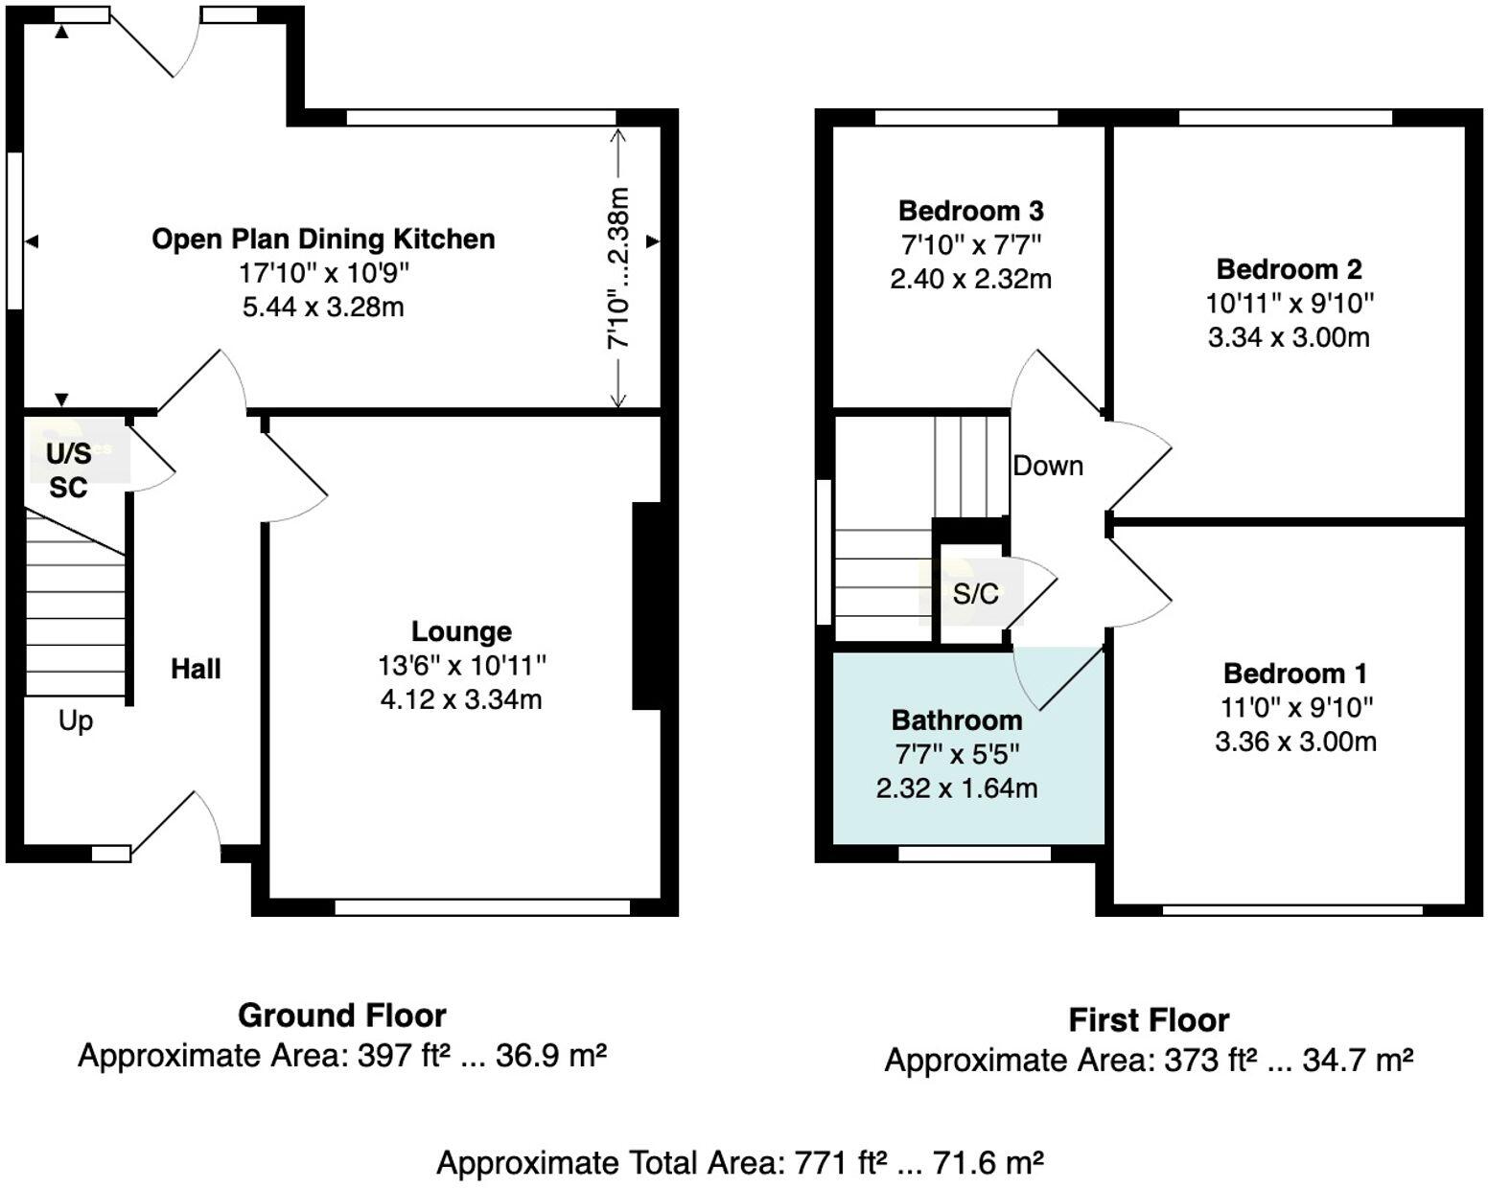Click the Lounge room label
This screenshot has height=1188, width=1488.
pos(461,631)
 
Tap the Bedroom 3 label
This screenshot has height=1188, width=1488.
pos(971,211)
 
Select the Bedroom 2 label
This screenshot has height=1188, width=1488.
pos(1289,269)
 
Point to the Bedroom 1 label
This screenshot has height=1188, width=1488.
pos(1295,674)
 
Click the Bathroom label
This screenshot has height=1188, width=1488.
pos(957,720)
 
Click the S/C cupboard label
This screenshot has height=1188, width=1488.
pos(975,594)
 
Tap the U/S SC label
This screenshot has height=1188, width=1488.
pos(68,470)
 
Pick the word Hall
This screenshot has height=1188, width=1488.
pos(196,669)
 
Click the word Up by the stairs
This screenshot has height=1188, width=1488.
pos(76,721)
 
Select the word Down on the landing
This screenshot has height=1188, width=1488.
pos(1048,467)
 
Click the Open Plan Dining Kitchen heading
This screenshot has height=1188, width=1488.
pos(323,240)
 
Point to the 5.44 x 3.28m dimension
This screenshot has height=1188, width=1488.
pos(323,307)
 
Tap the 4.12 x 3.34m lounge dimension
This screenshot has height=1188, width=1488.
pos(461,700)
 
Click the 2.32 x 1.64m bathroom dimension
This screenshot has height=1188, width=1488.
pos(957,788)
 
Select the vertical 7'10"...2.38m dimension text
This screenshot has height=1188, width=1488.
pos(618,267)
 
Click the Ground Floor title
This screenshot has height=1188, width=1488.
pos(342,1016)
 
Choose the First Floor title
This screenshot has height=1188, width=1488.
pos(1150,1020)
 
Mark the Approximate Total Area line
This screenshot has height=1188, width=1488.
pos(739,1162)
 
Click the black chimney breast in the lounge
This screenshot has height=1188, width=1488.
pos(647,606)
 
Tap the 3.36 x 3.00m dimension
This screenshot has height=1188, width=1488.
pos(1295,742)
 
